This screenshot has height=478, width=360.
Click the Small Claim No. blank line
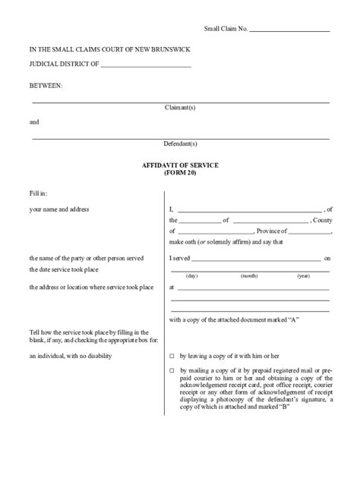pyautogui.click(x=289, y=30)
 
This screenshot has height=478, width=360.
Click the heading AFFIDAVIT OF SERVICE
pyautogui.click(x=180, y=163)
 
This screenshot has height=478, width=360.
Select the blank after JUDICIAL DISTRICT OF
pyautogui.click(x=145, y=66)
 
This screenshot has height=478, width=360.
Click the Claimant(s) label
pyautogui.click(x=180, y=107)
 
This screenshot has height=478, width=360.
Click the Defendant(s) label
pyautogui.click(x=180, y=143)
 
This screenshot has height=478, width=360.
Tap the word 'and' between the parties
pyautogui.click(x=34, y=121)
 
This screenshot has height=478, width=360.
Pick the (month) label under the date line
pyautogui.click(x=249, y=275)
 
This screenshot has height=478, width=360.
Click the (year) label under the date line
pyautogui.click(x=303, y=275)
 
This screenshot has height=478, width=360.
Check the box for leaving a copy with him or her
pyautogui.click(x=172, y=355)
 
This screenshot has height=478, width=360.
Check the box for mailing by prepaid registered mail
pyautogui.click(x=172, y=370)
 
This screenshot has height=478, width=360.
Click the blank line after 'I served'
pyautogui.click(x=257, y=259)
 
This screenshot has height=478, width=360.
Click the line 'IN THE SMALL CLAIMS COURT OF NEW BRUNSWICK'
pyautogui.click(x=109, y=50)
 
